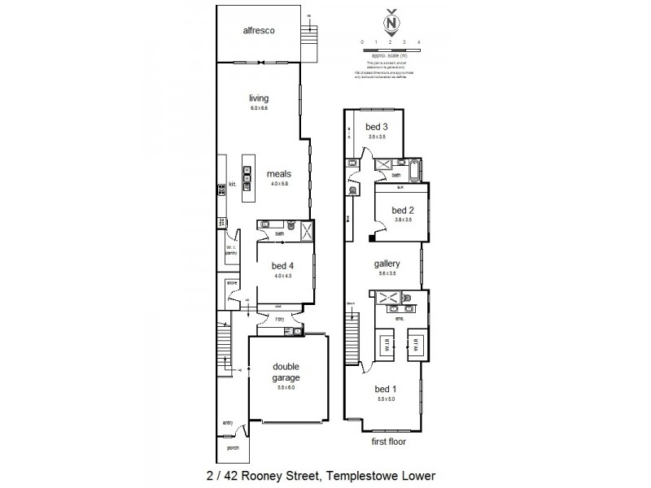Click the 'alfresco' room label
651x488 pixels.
point(257,31)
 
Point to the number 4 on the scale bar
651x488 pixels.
point(417,41)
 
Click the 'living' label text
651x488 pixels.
point(258,99)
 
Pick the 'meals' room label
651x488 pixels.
point(279,174)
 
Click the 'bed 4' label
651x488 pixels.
point(282,267)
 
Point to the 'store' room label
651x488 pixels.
point(231,283)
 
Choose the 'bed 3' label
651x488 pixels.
point(375,127)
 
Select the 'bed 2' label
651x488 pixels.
point(402,210)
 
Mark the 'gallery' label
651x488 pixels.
point(387,264)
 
